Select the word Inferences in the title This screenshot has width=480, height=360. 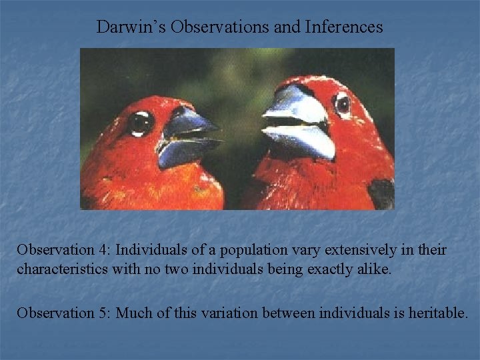tap(344, 27)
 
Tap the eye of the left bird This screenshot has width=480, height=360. tap(141, 123)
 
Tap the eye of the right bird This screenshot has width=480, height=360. tap(343, 104)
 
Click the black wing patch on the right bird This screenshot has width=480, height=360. tap(382, 193)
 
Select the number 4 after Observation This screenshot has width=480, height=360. tap(103, 250)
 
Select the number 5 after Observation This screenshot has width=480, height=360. tap(103, 312)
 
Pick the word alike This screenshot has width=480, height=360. tap(373, 271)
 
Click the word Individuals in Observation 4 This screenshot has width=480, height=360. tap(150, 250)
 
